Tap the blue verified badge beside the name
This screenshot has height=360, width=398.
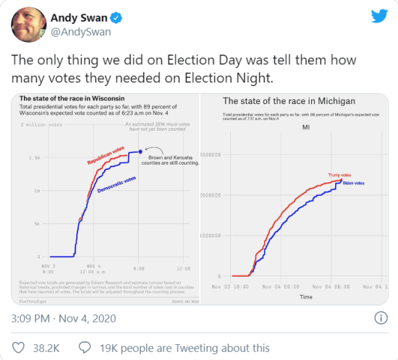(x=118, y=17)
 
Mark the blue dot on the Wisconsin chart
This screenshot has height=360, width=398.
(x=140, y=152)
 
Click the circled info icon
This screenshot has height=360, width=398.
(x=379, y=318)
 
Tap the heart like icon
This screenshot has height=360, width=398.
(x=20, y=348)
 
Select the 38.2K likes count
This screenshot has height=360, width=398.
(x=47, y=348)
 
